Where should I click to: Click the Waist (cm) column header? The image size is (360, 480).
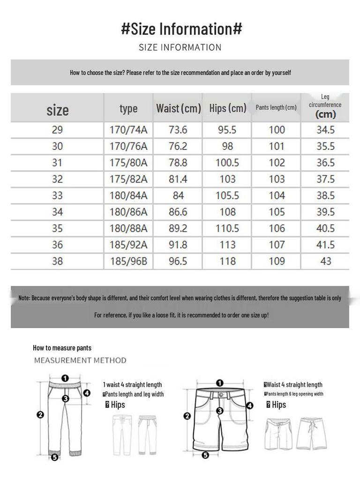(x=178, y=108)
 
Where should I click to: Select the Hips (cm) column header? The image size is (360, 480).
(x=228, y=108)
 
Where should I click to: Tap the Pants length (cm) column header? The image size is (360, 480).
(x=276, y=107)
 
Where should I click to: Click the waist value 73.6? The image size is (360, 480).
(x=178, y=130)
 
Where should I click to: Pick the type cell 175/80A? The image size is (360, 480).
(x=128, y=163)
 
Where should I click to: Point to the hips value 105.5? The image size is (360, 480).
(x=227, y=195)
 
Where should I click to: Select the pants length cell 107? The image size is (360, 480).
(x=277, y=245)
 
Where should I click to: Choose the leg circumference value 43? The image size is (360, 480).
(x=325, y=261)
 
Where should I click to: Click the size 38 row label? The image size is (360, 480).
(x=57, y=261)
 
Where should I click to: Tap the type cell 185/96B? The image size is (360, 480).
(x=128, y=261)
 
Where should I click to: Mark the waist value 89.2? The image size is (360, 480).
(x=178, y=228)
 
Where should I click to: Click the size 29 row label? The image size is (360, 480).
(x=57, y=130)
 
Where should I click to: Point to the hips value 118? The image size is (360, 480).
(x=227, y=261)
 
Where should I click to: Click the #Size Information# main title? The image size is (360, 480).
(x=181, y=29)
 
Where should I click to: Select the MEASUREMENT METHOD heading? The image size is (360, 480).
(x=80, y=360)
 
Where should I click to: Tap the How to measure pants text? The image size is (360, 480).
(x=62, y=348)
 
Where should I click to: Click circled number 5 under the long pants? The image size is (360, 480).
(x=54, y=457)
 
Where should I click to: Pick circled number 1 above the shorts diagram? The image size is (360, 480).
(x=220, y=383)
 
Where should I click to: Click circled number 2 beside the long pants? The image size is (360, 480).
(x=40, y=414)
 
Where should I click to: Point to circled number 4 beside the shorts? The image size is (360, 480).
(x=250, y=405)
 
